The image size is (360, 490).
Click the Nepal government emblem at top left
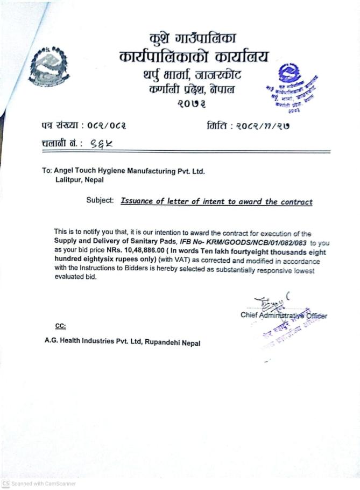[x=49, y=66]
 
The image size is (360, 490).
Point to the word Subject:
[x=100, y=201]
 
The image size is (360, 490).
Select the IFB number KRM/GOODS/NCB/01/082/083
[x=262, y=242]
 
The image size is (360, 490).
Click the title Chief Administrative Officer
[x=283, y=316]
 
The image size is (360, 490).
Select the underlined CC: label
[x=60, y=326]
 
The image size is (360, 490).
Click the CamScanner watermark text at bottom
[x=43, y=484]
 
